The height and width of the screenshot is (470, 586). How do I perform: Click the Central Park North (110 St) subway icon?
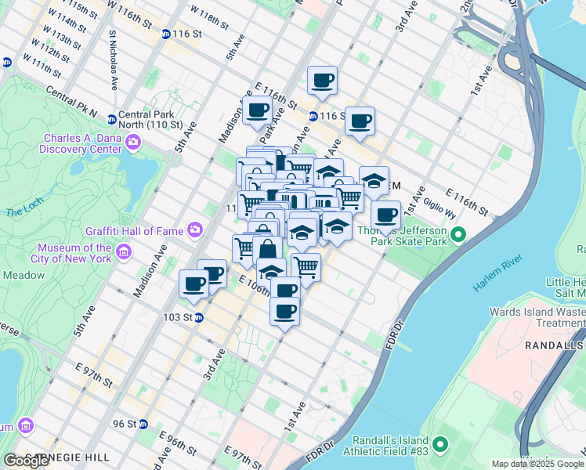pyautogui.click(x=112, y=120)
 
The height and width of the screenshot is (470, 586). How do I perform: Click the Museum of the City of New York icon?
pyautogui.click(x=124, y=252)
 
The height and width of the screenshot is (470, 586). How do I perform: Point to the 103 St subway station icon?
pyautogui.click(x=199, y=317)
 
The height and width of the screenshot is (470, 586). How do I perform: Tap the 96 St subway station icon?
pyautogui.click(x=144, y=424)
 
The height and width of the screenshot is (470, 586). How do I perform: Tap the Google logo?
pyautogui.click(x=27, y=461)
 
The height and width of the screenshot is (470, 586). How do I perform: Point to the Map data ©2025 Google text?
pyautogui.click(x=537, y=464)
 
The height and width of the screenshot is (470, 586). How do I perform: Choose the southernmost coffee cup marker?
pyautogui.click(x=284, y=310)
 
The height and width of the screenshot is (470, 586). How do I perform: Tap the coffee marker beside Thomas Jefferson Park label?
pyautogui.click(x=385, y=215)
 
